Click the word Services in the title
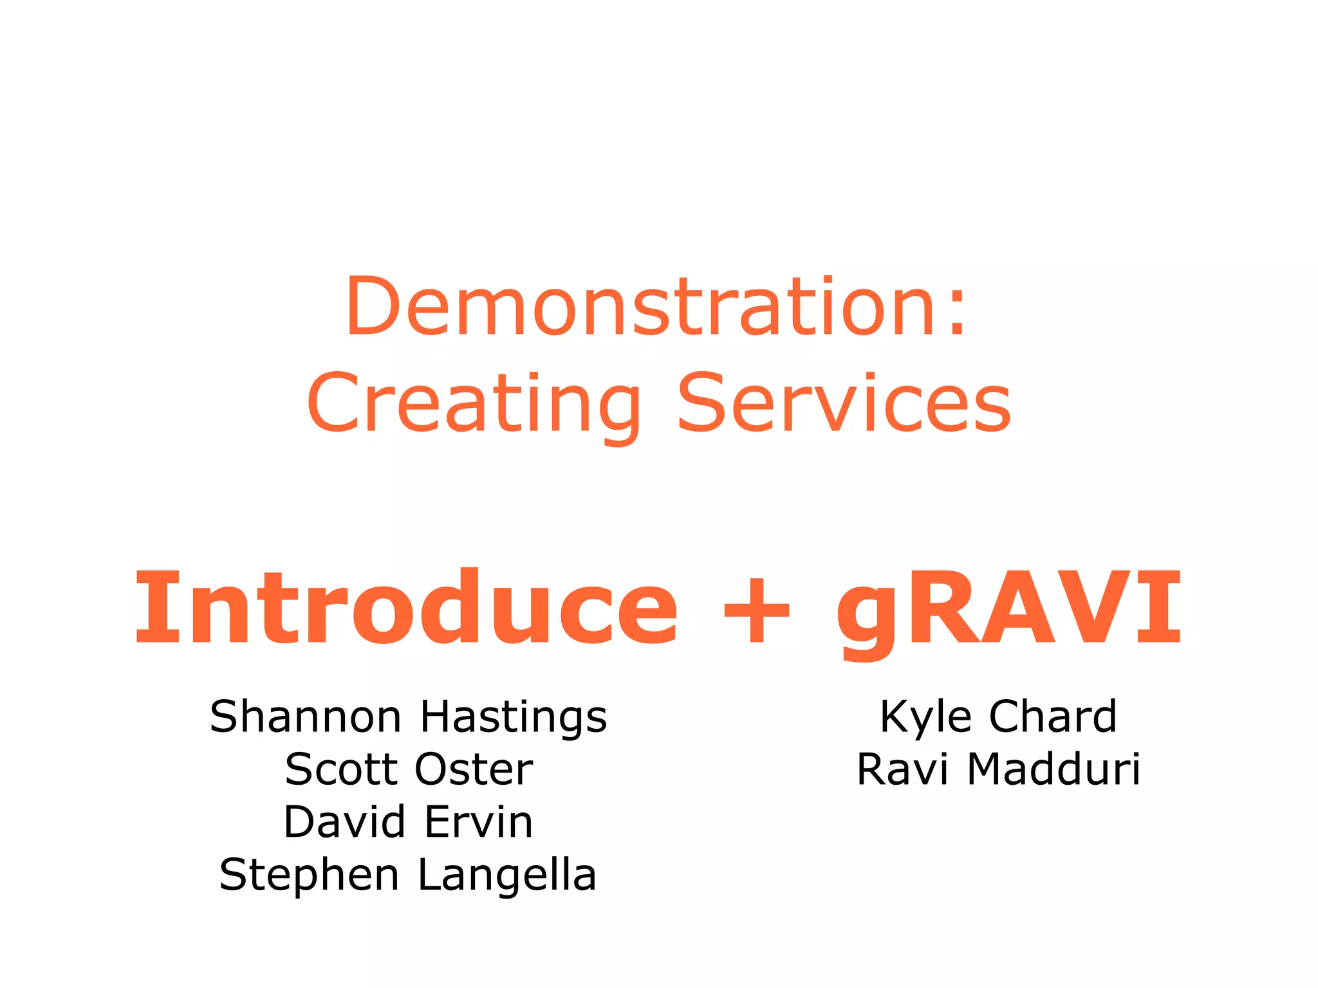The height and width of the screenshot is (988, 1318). (844, 404)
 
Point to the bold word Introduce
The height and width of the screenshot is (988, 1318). (405, 608)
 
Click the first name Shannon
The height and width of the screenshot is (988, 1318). (306, 717)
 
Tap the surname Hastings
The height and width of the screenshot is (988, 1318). (514, 718)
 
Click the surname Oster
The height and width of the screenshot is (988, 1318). (474, 769)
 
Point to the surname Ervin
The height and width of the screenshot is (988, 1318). (478, 822)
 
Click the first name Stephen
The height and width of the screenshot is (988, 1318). (309, 876)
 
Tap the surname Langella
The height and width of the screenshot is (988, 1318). (507, 876)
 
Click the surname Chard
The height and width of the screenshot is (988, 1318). (1053, 717)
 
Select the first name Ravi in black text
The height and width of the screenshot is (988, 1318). (902, 769)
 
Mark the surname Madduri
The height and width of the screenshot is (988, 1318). (1054, 769)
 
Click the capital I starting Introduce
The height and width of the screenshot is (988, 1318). (151, 608)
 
